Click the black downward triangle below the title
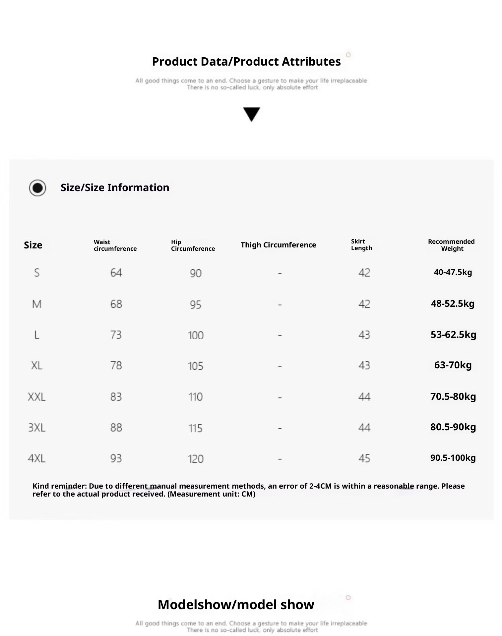coord(251,114)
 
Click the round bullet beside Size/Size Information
coord(37,188)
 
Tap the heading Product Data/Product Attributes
coord(246,62)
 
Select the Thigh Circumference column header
coord(278,245)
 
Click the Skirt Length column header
coord(361,245)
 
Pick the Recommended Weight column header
coord(451,245)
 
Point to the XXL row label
coord(36,397)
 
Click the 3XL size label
coord(36,428)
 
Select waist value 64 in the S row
coord(116,273)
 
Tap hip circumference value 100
coord(195,335)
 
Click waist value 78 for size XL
coord(116,365)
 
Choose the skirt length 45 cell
coord(364,458)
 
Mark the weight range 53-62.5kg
coord(453,335)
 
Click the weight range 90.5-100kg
coord(453,458)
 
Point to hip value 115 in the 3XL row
coord(195,428)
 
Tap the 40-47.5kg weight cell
coord(453,272)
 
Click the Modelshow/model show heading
coord(236,605)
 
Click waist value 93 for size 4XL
coord(116,458)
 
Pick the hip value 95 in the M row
coord(195,304)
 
